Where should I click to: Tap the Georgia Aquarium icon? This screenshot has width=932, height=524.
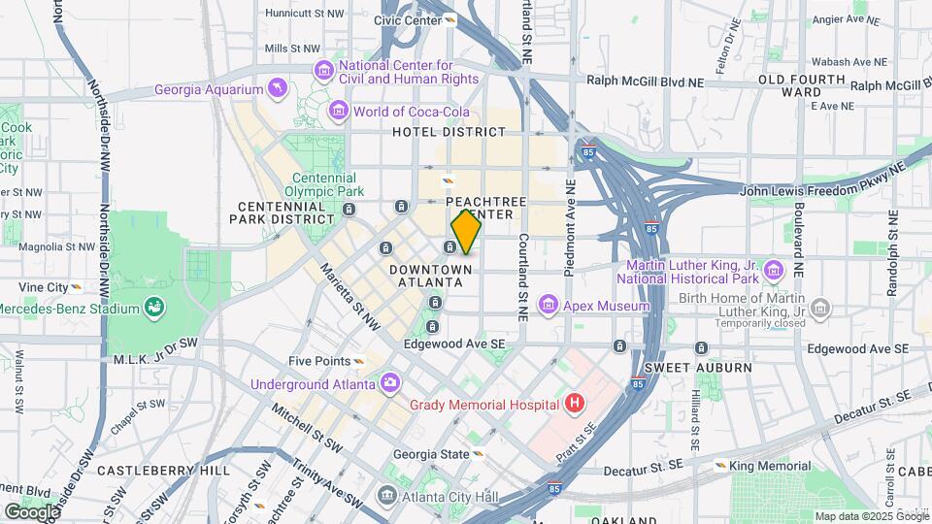coord(279,90)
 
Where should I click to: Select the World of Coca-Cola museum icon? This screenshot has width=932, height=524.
coord(339,112)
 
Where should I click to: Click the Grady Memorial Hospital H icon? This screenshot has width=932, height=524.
coord(576,403)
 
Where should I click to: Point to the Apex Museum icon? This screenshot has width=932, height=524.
coord(549,307)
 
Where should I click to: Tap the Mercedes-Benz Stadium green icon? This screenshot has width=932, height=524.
coord(154,309)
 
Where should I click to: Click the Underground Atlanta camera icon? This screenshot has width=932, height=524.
coord(389,383)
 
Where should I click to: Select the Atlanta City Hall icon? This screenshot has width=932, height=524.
coord(387,497)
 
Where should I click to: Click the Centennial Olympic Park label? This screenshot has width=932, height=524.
coord(325,184)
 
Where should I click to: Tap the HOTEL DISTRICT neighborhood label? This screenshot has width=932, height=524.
coord(448,132)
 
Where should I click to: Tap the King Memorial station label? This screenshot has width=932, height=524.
coord(764,466)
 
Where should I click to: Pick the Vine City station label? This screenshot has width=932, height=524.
coord(43,287)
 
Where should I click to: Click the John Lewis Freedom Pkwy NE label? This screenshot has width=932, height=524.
coord(821,193)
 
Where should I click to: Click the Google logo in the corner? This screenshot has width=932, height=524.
coord(32,511)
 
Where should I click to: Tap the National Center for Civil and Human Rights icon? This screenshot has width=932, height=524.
coord(322,71)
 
